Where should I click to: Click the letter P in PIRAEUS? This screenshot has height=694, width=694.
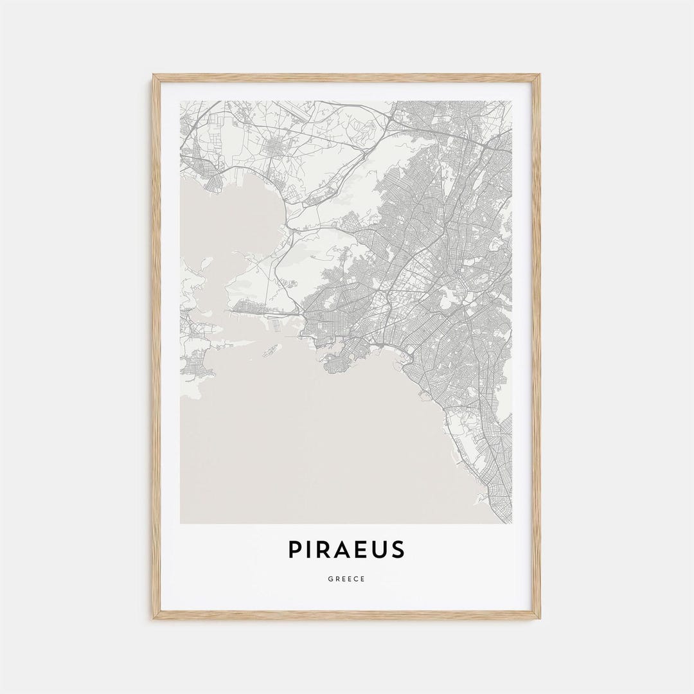coord(295,549)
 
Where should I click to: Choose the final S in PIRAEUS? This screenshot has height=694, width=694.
coord(400,549)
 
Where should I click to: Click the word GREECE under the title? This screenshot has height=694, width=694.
coord(347,579)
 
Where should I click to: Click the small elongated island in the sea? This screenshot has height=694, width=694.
coord(271,350)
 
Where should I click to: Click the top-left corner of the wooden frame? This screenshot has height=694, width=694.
coord(154,75)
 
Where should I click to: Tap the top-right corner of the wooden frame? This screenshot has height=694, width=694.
coord(540,75)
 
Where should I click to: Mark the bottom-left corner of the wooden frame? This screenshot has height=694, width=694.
coord(154,618)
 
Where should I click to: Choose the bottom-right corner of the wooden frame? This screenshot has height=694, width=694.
coord(540,618)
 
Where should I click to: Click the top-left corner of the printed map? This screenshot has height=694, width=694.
coord(181,101)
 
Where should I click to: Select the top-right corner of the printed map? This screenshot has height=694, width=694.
coord(512,101)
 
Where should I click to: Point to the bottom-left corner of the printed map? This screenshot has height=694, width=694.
coord(181,524)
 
